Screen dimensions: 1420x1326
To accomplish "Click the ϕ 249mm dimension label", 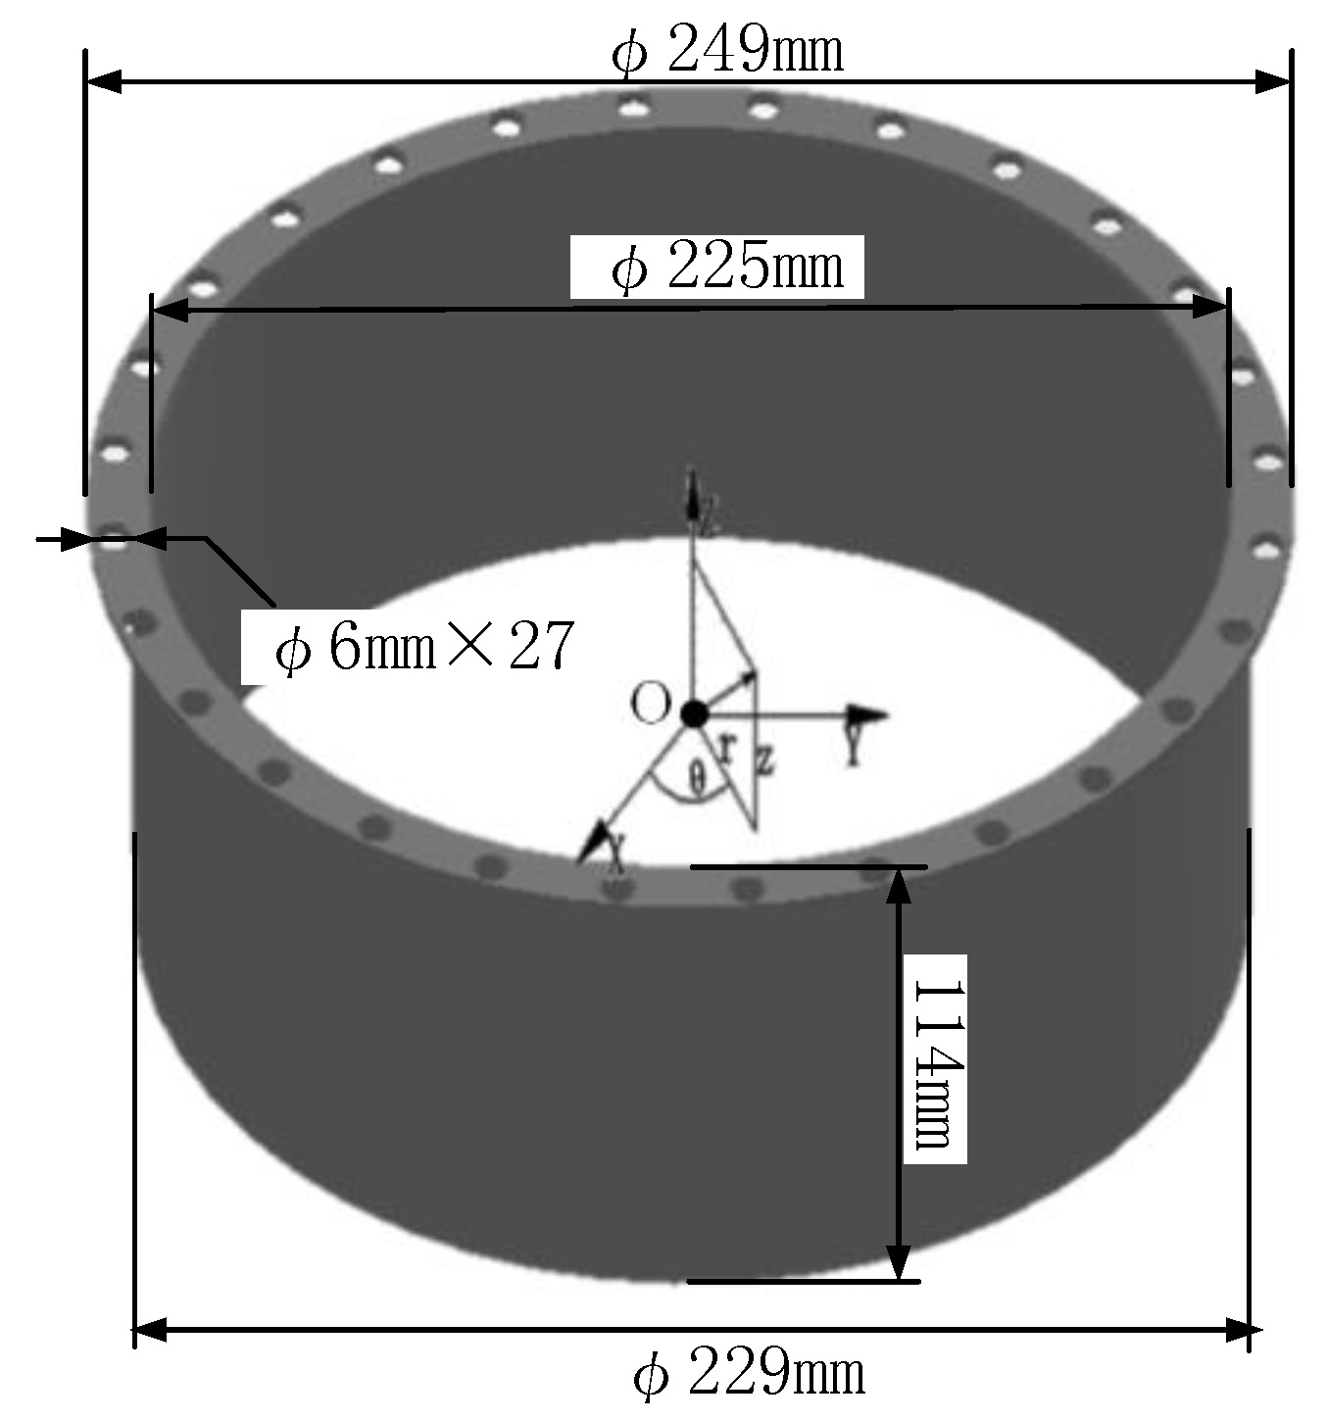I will coord(727,52).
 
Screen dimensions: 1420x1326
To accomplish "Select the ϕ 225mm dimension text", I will coord(727,268).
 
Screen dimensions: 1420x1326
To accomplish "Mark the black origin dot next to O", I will coord(693,713).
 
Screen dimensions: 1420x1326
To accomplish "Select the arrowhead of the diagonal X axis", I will coord(593,844).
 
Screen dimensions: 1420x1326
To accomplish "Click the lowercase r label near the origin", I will coord(726,748).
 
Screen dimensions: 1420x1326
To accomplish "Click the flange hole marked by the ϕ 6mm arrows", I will coord(115,537).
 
